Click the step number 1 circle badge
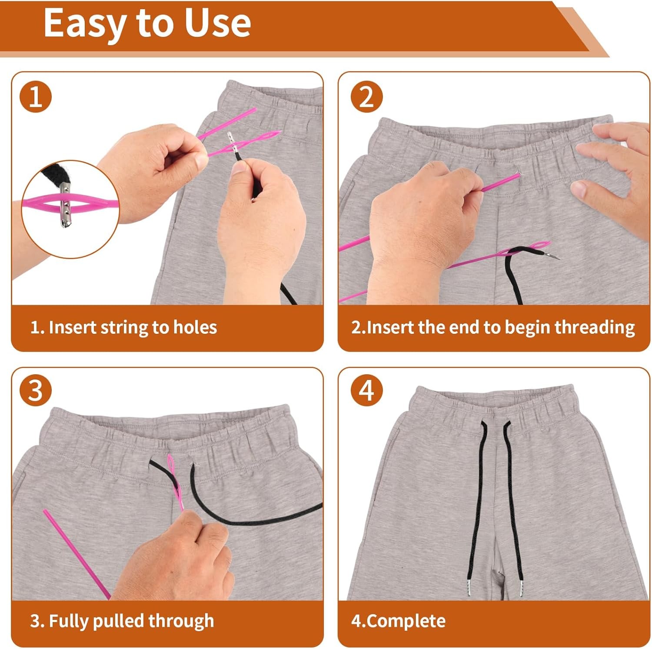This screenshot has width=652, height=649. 36,97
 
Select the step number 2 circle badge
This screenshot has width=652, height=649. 366,97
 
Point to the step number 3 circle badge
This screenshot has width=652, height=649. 36,390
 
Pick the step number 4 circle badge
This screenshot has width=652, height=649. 366,390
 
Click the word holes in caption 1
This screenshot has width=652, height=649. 195,327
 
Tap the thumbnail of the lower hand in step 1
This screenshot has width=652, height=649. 239,168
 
